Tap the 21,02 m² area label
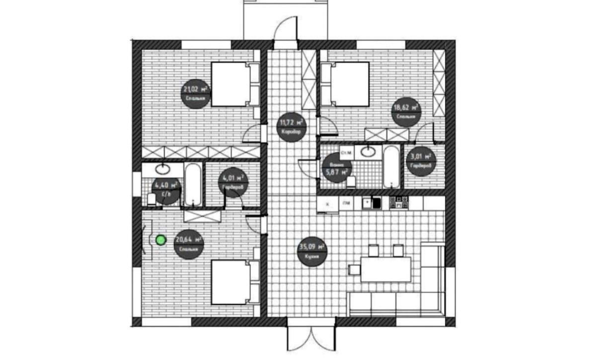196,93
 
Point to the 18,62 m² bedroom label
405,111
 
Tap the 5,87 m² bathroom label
336,168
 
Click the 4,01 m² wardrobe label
233,182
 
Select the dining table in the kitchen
385,269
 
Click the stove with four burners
398,202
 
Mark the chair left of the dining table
354,270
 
